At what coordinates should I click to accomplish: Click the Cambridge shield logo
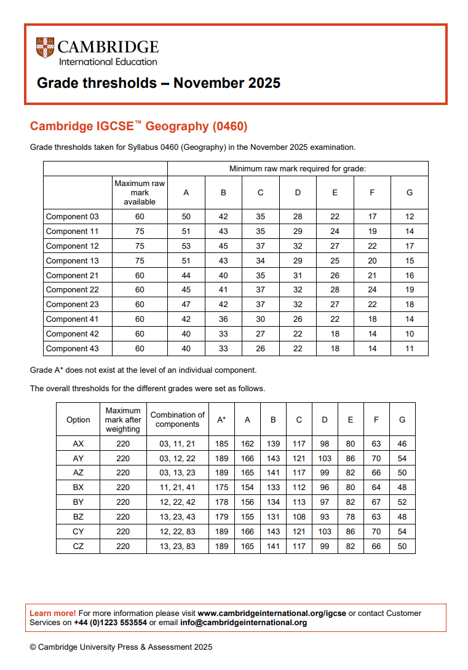coord(46,49)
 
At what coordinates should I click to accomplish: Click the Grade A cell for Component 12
coord(186,246)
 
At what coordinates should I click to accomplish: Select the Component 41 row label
coord(72,319)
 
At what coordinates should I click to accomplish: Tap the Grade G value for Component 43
coord(410,349)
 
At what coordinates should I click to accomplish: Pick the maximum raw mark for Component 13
coord(140,261)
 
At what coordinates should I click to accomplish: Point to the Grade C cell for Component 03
coord(261,217)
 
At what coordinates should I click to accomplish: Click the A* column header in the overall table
coord(221,420)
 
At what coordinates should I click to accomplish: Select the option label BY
coord(78,502)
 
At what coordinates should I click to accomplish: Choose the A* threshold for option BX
coord(221,488)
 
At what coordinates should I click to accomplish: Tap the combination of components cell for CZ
coord(178,547)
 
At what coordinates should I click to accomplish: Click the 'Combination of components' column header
coord(178,420)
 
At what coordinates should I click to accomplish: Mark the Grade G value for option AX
coord(402,443)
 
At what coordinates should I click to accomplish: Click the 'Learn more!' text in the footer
coord(53,614)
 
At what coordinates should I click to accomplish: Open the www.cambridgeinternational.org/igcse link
coord(272,614)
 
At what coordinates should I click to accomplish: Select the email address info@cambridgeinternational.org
coord(244,623)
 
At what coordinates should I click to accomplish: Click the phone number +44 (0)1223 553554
coord(110,623)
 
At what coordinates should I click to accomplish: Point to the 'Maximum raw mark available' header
coord(140,193)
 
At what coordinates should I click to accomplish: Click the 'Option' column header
coord(78,420)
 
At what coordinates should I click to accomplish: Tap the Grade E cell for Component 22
coord(335,290)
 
